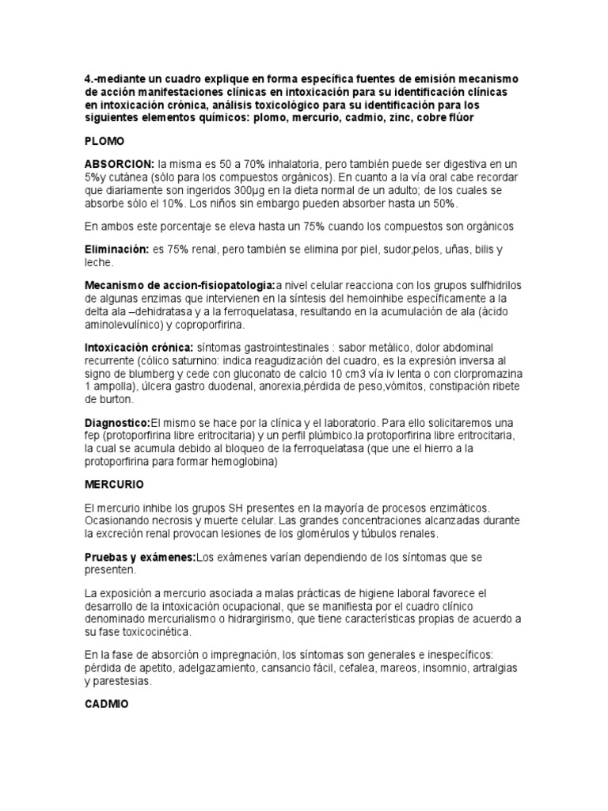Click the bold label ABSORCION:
click(x=120, y=162)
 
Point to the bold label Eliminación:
click(x=116, y=249)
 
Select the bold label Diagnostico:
click(x=117, y=423)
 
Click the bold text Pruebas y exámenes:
click(x=139, y=558)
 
